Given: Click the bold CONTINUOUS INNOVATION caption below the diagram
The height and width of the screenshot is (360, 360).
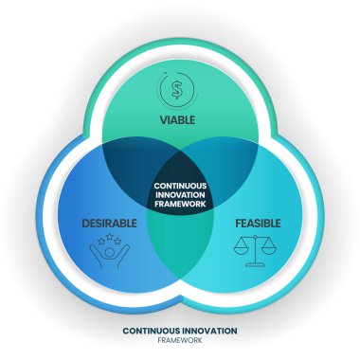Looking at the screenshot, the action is click(180, 331).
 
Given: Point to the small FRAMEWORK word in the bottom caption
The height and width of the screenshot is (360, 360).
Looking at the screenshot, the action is click(180, 341).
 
